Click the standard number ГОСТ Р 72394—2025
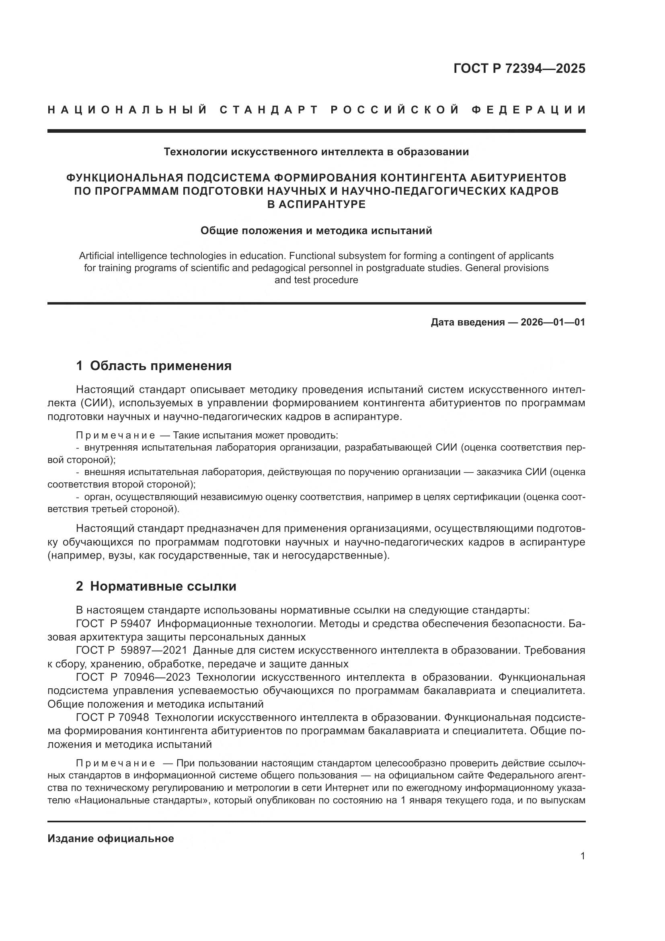click(x=519, y=68)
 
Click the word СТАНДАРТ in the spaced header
click(x=269, y=110)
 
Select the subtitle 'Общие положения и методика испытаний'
click(x=316, y=231)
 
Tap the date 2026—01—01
click(x=553, y=322)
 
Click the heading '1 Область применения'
click(x=154, y=366)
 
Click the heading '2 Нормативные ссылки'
click(x=156, y=586)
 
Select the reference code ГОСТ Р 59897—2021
click(x=131, y=651)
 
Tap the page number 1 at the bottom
click(x=582, y=856)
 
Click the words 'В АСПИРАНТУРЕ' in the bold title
click(x=316, y=204)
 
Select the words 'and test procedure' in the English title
click(x=316, y=280)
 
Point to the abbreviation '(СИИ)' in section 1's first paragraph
click(x=96, y=403)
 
